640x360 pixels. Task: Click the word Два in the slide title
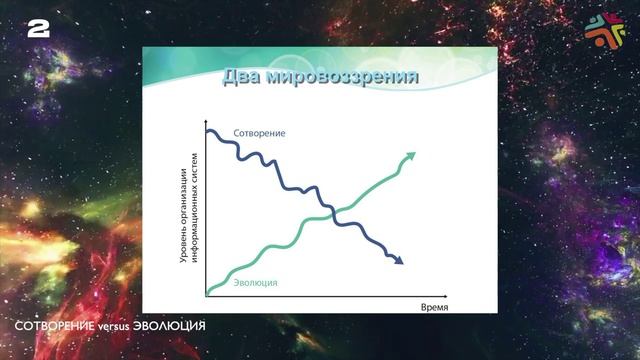pyautogui.click(x=244, y=76)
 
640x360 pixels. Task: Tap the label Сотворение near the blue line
pyautogui.click(x=259, y=134)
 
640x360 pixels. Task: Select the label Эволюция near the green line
pyautogui.click(x=255, y=283)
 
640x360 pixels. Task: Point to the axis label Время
pyautogui.click(x=434, y=306)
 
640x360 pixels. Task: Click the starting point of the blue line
pyautogui.click(x=207, y=131)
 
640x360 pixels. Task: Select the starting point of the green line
pyautogui.click(x=208, y=292)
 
